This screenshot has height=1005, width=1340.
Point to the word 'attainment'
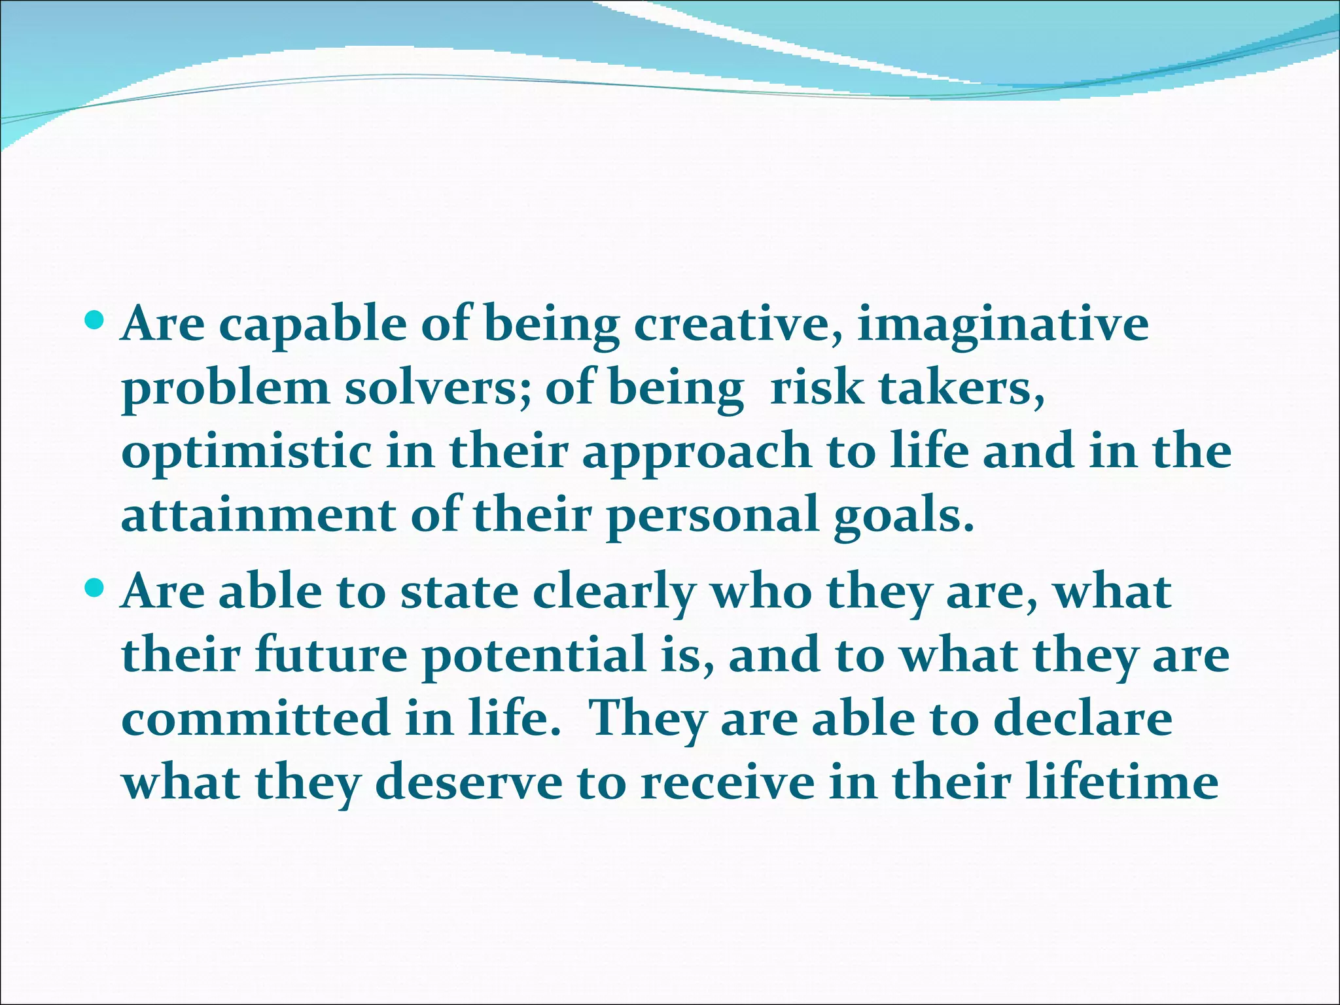(x=258, y=516)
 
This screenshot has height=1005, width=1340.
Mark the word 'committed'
(x=256, y=718)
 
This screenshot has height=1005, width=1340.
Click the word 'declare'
(x=1082, y=718)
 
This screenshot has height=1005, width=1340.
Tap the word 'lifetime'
(x=1121, y=782)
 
